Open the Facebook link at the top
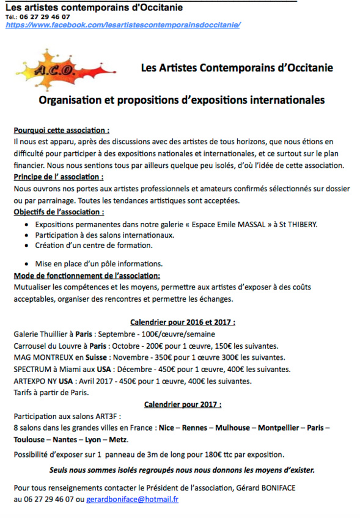pos(122,25)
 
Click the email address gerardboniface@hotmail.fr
pos(133,499)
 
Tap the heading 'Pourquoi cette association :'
pos(62,131)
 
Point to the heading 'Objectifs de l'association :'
pos(59,212)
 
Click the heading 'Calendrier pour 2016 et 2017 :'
pos(183,323)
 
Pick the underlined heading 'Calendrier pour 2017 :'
pos(183,404)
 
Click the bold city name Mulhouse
pos(230,428)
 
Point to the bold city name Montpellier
pos(281,428)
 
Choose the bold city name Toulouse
pos(29,440)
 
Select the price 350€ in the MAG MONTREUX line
pos(161,357)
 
